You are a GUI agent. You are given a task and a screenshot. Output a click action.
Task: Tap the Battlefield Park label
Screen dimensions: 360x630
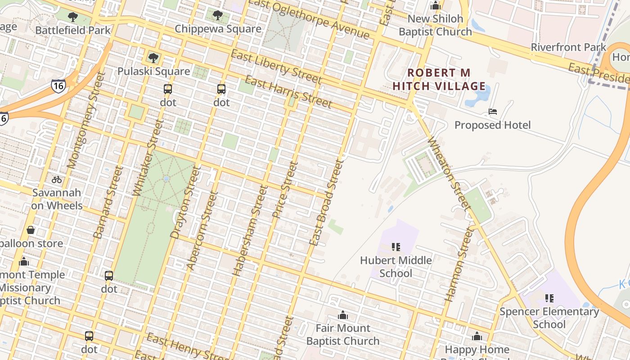(73, 31)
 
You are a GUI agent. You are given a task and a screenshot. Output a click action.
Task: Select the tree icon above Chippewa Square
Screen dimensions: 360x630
(217, 15)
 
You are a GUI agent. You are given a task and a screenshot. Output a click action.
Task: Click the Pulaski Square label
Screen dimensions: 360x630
(153, 71)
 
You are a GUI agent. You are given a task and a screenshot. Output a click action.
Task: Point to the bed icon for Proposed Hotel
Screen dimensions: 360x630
(493, 112)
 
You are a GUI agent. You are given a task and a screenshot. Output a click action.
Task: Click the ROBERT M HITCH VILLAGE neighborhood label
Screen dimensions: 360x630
(439, 79)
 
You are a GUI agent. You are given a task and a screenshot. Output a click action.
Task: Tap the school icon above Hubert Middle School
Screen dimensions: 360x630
(396, 247)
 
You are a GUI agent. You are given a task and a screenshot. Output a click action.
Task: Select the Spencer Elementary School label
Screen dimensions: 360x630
(549, 318)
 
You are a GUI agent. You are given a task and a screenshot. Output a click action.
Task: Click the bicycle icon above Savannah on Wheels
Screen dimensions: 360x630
(56, 180)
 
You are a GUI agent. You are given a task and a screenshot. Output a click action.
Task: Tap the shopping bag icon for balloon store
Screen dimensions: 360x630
(31, 230)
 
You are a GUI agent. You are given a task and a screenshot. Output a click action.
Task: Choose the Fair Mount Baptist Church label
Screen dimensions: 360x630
(343, 334)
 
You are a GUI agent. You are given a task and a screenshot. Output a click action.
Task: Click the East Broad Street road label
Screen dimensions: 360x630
(326, 202)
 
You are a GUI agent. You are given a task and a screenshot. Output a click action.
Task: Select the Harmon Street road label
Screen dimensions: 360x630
(459, 264)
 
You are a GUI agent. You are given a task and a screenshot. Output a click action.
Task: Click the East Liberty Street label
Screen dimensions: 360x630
(276, 67)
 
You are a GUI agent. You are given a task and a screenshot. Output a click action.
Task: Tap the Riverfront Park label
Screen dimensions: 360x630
(569, 47)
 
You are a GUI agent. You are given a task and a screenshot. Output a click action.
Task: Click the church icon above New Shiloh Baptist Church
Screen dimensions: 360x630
(435, 6)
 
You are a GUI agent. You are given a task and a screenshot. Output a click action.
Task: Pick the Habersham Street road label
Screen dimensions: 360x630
(250, 230)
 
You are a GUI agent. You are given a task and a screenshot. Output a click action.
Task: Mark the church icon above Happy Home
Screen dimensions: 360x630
(477, 336)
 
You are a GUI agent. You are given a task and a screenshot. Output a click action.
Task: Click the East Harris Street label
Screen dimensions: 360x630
(288, 92)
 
